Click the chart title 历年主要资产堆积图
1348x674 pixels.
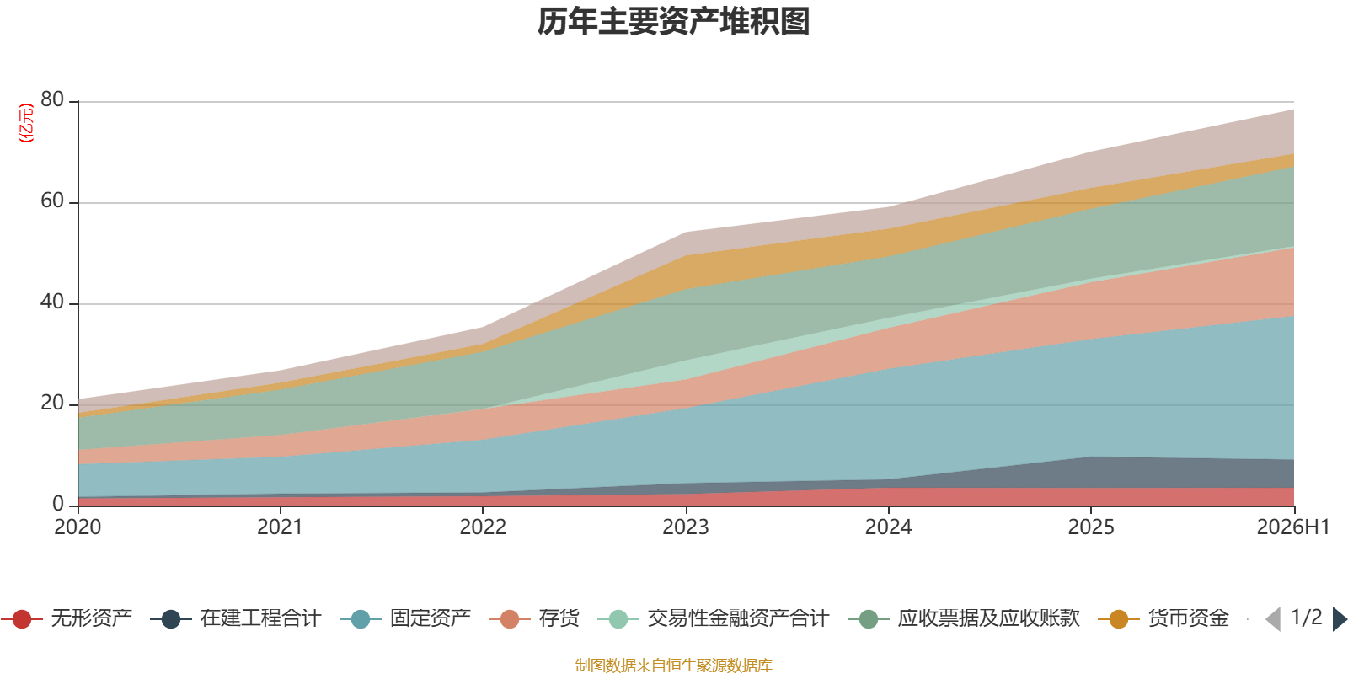[x=673, y=22]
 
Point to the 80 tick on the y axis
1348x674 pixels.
[x=52, y=99]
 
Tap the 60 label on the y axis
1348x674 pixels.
[x=52, y=201]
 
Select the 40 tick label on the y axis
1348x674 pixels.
[x=52, y=302]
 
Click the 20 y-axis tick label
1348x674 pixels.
[x=52, y=403]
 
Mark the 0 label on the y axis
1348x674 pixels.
[x=58, y=504]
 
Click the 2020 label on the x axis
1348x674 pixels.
[x=78, y=527]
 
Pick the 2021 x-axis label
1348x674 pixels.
[x=280, y=527]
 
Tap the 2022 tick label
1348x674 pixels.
[x=483, y=527]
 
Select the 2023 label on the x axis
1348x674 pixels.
[x=686, y=527]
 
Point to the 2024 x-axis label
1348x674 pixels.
[x=888, y=527]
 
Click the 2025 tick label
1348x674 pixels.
[x=1091, y=527]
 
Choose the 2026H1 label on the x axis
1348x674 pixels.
[x=1292, y=527]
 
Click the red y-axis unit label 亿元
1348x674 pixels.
[x=26, y=123]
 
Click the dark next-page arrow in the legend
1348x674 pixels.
[x=1340, y=619]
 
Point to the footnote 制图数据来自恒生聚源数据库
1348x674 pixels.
[x=673, y=665]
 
